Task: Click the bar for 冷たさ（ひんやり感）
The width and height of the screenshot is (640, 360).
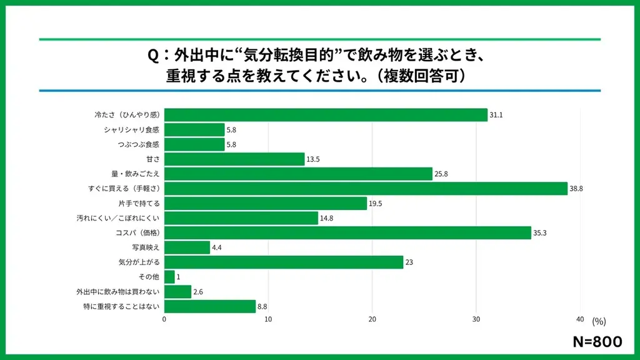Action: tap(326, 115)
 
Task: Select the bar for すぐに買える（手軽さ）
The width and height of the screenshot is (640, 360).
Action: tap(366, 189)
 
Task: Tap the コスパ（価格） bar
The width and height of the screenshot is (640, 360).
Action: tap(347, 233)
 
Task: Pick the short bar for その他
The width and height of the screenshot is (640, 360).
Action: tap(169, 277)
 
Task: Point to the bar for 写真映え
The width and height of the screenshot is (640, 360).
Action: tap(187, 247)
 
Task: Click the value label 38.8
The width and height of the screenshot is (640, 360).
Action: tap(576, 189)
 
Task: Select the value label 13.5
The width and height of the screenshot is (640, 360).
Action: tap(314, 159)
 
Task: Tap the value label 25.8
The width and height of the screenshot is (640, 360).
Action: tap(442, 174)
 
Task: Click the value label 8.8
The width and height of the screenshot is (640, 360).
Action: tap(264, 307)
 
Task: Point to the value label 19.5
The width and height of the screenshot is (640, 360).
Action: tap(376, 204)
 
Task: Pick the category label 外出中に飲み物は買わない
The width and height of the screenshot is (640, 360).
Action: tap(118, 292)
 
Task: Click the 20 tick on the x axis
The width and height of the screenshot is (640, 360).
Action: tap(372, 319)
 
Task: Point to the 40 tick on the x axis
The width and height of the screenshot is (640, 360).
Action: tap(580, 319)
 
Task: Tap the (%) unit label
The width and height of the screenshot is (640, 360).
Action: tap(599, 321)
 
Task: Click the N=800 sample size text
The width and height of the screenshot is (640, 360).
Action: tap(597, 341)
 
